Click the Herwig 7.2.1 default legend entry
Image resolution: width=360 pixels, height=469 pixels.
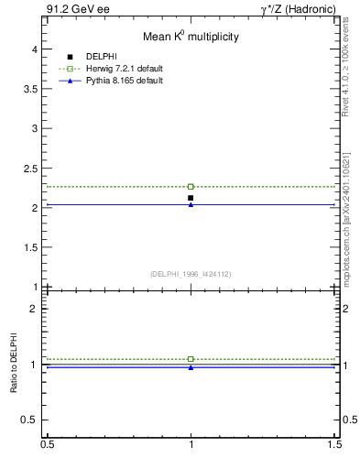125,69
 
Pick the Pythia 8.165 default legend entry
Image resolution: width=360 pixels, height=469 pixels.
125,81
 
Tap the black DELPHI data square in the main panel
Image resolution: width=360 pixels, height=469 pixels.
191,198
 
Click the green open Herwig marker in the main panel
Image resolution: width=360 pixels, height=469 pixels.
191,187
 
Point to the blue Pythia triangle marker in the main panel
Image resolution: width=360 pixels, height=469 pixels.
191,204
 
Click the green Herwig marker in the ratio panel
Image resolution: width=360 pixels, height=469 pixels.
191,359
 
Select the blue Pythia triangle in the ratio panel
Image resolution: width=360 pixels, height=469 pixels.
191,367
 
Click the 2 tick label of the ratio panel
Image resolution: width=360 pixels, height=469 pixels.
37,308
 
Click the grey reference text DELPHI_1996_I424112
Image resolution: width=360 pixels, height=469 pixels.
191,274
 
